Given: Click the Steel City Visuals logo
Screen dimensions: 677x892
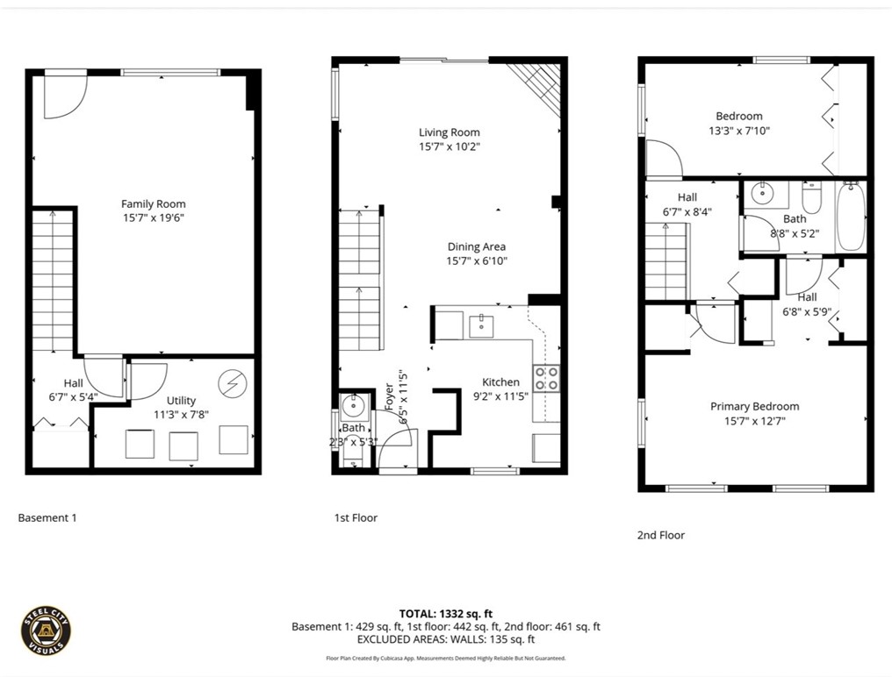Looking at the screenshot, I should [x=46, y=631].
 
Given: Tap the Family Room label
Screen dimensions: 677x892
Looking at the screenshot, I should [x=154, y=204].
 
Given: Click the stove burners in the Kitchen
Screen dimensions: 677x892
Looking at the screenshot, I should [x=547, y=378].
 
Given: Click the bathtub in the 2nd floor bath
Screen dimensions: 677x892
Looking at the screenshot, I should [x=850, y=217].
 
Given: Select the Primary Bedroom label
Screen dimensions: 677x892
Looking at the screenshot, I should [x=754, y=406].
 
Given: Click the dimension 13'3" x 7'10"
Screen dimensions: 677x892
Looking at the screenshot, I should [x=738, y=131].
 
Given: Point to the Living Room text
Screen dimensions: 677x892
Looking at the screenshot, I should [x=449, y=132].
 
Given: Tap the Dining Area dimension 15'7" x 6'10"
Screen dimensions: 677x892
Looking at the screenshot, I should [x=476, y=260].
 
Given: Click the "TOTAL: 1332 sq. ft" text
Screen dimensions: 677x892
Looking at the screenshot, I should [x=446, y=613].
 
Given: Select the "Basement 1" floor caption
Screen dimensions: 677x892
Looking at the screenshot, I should [x=47, y=517].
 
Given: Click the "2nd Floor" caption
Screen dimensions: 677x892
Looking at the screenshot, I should [x=660, y=535].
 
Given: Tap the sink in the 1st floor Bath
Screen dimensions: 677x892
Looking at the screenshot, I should [x=354, y=405].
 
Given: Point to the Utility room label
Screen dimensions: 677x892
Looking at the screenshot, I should [x=182, y=401].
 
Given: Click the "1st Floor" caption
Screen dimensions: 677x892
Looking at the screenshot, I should [x=356, y=517].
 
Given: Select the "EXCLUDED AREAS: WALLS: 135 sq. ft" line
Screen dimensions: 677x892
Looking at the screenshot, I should [x=446, y=640].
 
